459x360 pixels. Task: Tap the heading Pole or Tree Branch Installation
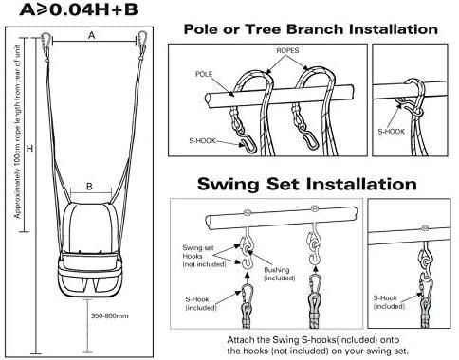click(x=305, y=29)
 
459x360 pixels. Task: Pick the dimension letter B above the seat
click(x=90, y=188)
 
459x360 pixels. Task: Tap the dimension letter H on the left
click(x=30, y=149)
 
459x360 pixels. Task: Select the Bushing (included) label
click(x=276, y=275)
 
